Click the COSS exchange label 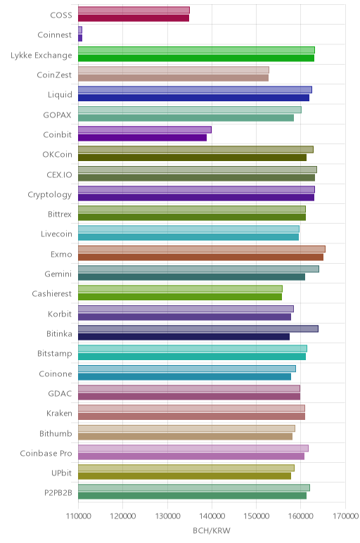click(61, 15)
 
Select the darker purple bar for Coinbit click(142, 137)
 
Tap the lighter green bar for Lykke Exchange click(196, 50)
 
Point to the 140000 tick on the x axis click(212, 516)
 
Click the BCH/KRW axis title click(212, 530)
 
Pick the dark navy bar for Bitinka click(184, 337)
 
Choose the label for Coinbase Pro click(46, 453)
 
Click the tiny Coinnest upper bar click(80, 30)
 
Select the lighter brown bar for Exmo click(202, 249)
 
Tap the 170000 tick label click(345, 516)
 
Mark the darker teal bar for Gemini click(191, 277)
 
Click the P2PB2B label click(58, 493)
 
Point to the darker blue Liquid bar click(193, 98)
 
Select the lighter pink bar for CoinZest click(174, 70)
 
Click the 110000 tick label click(78, 516)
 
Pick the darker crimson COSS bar click(134, 18)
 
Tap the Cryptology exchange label click(50, 195)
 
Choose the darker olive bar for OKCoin click(192, 158)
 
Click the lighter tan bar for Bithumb click(186, 428)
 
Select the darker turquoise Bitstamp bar click(192, 357)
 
